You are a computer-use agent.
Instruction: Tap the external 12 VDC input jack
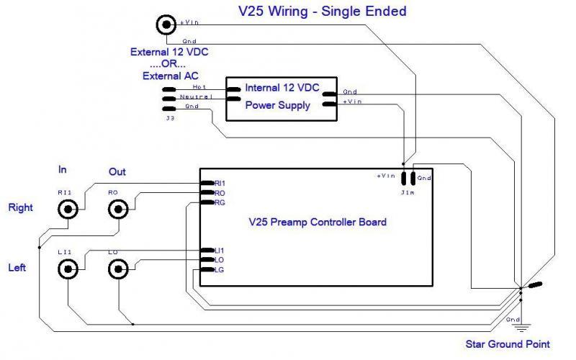click(166, 25)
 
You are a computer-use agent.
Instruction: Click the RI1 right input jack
click(69, 210)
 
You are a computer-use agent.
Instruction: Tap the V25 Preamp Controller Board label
click(317, 222)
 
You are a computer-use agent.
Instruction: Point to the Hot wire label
click(199, 86)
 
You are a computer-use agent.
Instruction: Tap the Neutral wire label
click(195, 96)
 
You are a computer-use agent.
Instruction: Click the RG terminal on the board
click(220, 203)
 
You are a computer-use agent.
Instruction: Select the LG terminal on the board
click(220, 269)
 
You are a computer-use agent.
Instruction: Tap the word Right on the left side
click(21, 208)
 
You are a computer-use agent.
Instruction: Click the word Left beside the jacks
click(17, 268)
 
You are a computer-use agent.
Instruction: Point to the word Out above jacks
click(117, 172)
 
